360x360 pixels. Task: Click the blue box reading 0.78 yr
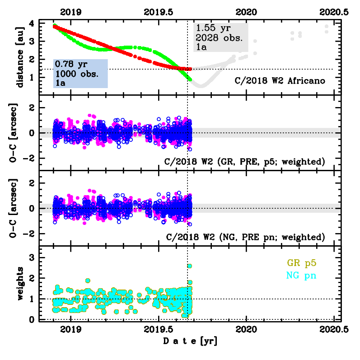(80, 73)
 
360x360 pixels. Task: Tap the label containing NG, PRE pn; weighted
(246, 237)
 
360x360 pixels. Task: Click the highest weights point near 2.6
(190, 266)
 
